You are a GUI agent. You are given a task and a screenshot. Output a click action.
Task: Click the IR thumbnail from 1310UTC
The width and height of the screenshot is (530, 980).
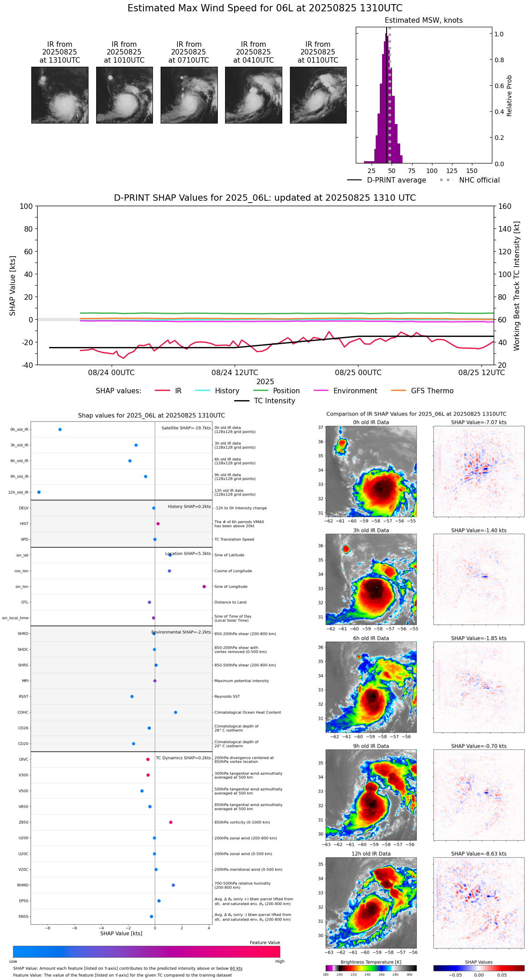pyautogui.click(x=59, y=95)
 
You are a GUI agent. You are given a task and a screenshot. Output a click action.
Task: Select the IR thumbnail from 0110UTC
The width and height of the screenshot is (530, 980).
pyautogui.click(x=318, y=95)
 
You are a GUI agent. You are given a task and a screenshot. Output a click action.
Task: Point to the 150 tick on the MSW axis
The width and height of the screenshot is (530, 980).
pyautogui.click(x=472, y=171)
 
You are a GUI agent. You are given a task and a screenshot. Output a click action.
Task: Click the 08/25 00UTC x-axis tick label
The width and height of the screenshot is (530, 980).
pyautogui.click(x=358, y=373)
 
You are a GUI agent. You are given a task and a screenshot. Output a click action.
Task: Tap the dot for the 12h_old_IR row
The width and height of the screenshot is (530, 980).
pyautogui.click(x=39, y=492)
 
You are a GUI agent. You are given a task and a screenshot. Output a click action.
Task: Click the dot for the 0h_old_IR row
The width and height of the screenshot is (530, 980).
pyautogui.click(x=60, y=430)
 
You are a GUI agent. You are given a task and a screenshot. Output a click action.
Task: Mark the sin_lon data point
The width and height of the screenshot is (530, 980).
pyautogui.click(x=204, y=587)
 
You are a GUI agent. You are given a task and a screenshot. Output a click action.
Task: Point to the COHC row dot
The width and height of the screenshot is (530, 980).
pyautogui.click(x=176, y=713)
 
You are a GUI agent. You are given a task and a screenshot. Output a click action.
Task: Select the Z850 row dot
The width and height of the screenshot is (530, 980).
pyautogui.click(x=171, y=822)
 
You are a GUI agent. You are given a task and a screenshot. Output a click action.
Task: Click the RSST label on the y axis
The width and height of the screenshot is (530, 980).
pyautogui.click(x=23, y=697)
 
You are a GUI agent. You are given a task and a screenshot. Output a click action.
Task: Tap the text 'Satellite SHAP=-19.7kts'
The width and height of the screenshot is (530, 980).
pyautogui.click(x=186, y=428)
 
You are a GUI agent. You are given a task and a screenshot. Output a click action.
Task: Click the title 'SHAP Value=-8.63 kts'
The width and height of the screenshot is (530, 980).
pyautogui.click(x=479, y=854)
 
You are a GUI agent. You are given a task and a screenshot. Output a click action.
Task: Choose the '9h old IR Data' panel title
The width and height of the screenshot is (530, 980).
pyautogui.click(x=371, y=746)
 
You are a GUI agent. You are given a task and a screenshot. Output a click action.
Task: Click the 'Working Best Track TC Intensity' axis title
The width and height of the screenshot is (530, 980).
pyautogui.click(x=517, y=286)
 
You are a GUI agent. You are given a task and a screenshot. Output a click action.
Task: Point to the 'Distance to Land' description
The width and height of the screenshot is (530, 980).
pyautogui.click(x=230, y=603)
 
